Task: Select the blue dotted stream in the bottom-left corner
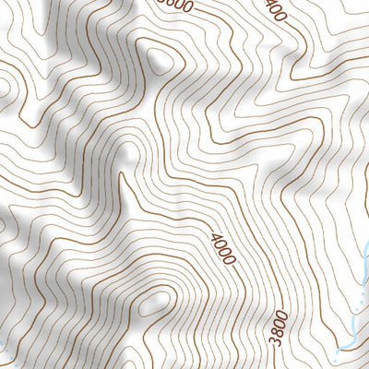coord(5,348)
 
